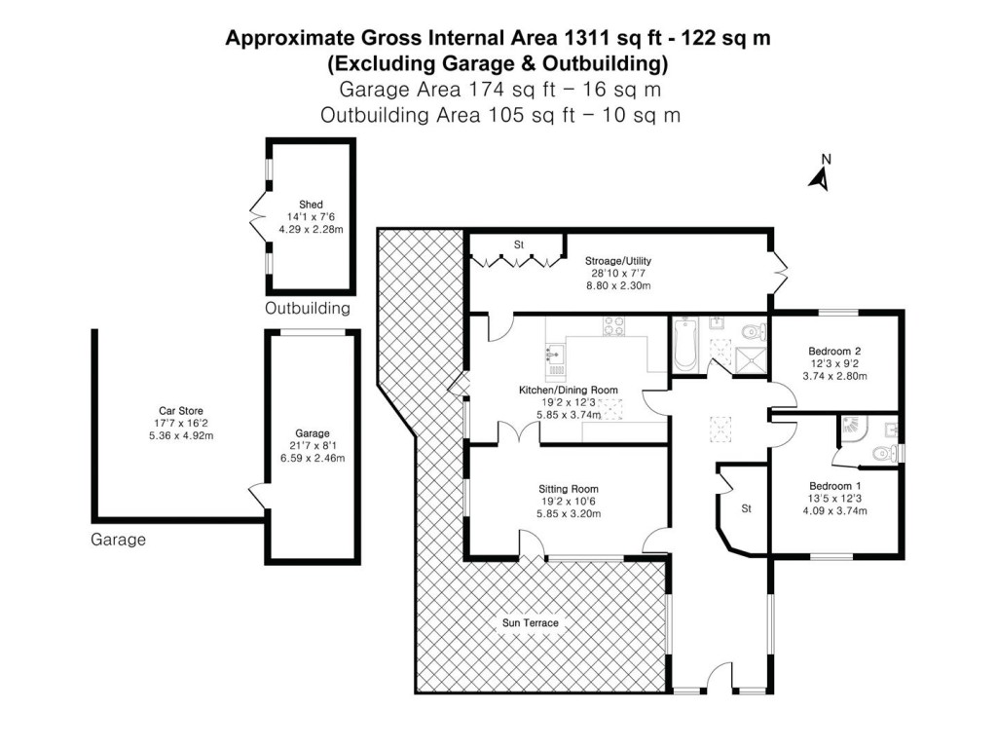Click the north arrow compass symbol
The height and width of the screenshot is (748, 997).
(x=820, y=175)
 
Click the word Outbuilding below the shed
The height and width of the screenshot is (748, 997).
(x=307, y=309)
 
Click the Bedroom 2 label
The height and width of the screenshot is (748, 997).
(x=834, y=351)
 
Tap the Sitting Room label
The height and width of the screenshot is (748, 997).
(x=569, y=489)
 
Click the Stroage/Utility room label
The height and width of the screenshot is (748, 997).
(x=617, y=261)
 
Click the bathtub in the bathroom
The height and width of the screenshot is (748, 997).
(x=682, y=346)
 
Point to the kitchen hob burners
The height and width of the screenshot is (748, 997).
(x=615, y=327)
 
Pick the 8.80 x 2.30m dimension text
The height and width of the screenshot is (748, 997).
(x=617, y=286)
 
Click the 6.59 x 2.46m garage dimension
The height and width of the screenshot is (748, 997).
(x=314, y=458)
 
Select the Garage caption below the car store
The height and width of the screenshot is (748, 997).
(x=118, y=539)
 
